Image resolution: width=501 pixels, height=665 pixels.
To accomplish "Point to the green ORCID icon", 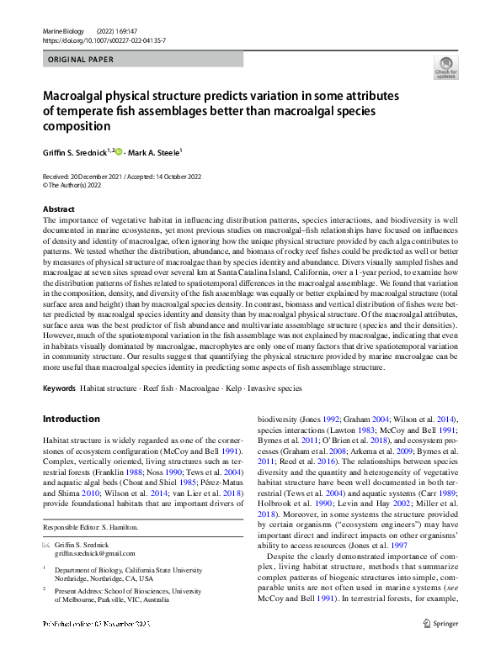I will pyautogui.click(x=119, y=152).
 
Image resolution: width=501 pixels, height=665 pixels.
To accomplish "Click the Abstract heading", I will pyautogui.click(x=58, y=209).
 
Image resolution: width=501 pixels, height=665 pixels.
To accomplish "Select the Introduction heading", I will pyautogui.click(x=71, y=419).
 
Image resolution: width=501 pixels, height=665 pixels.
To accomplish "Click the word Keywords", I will pyautogui.click(x=59, y=388).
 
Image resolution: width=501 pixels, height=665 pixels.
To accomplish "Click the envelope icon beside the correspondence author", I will pyautogui.click(x=46, y=545).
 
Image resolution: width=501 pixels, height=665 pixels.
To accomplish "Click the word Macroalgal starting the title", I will pyautogui.click(x=75, y=97).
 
